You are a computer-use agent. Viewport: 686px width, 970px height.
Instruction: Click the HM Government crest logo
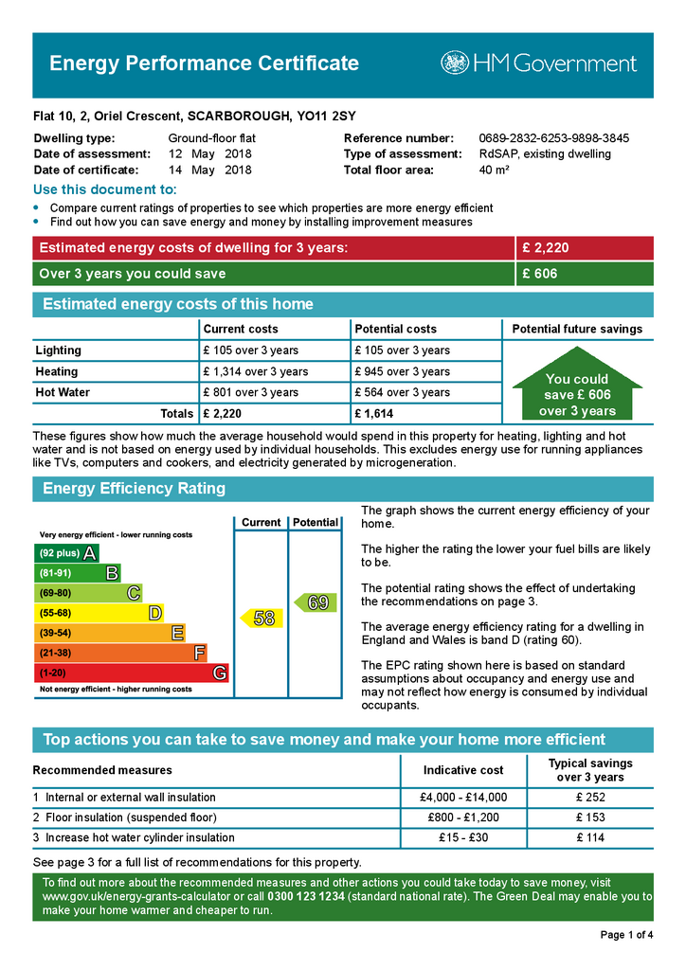coord(454,63)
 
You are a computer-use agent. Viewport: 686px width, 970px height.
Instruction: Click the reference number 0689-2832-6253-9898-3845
coord(553,138)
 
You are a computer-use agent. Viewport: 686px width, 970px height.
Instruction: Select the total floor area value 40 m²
coord(495,171)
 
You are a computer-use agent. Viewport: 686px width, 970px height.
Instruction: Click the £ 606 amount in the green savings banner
coord(540,274)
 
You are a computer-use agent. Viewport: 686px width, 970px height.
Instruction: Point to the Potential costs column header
coord(395,329)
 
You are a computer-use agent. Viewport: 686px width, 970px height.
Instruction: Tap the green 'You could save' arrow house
coord(577,389)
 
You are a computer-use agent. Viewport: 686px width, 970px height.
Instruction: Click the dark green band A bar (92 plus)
coord(66,553)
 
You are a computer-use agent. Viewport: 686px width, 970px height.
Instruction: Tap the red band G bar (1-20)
coord(131,674)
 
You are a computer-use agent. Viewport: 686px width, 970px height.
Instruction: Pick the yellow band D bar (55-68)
coord(99,614)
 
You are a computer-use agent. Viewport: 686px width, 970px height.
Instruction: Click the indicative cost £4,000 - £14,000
coord(463,798)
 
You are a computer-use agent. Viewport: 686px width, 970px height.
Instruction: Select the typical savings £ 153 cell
coord(590,817)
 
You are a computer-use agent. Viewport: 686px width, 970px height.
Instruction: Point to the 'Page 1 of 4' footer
coord(626,936)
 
